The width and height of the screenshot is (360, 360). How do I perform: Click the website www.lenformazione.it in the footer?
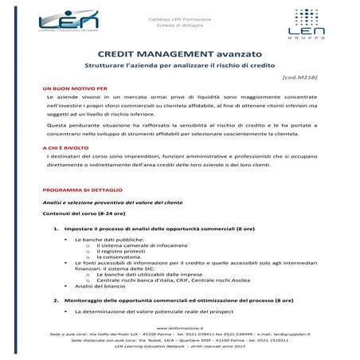coord(179,327)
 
